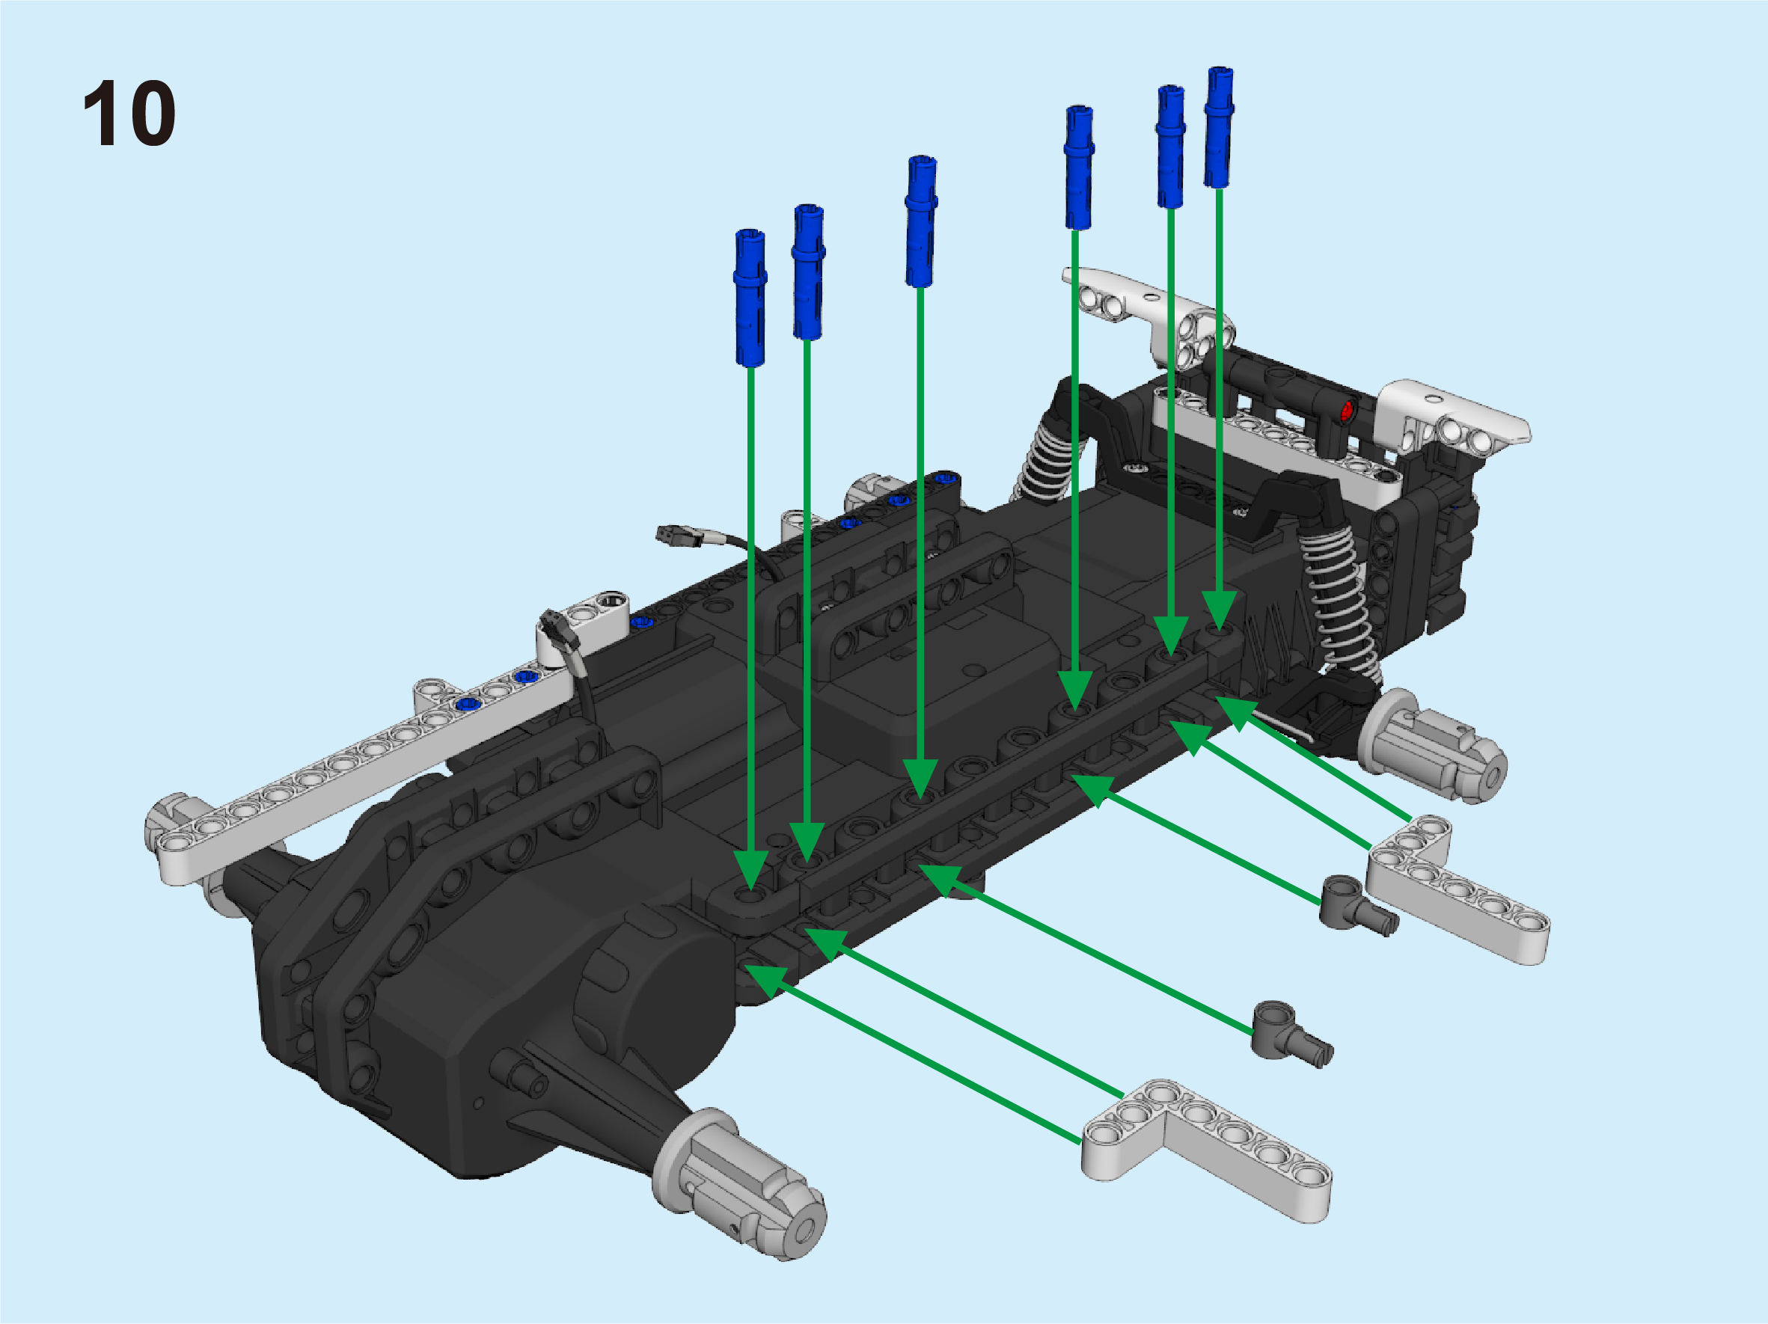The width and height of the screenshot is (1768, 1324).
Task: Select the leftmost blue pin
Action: (750, 297)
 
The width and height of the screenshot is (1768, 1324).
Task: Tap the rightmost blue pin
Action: (1219, 127)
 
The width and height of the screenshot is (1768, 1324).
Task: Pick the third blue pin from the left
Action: (921, 221)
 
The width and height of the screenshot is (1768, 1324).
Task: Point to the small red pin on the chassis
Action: (1346, 411)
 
